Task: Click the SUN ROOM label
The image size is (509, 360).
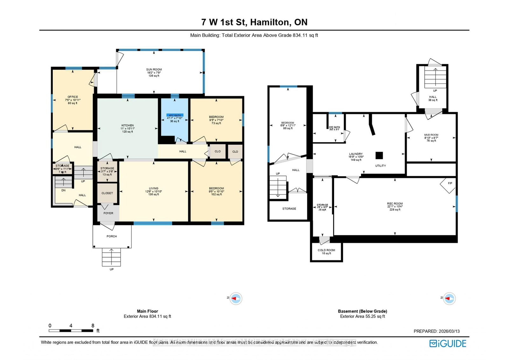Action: (154, 69)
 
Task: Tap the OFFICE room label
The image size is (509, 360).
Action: (73, 97)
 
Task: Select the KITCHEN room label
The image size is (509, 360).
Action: (128, 125)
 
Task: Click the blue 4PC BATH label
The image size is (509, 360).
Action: (175, 115)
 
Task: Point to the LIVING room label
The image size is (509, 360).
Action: (154, 188)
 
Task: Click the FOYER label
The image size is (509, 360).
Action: (108, 213)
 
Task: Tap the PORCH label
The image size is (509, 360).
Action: (112, 236)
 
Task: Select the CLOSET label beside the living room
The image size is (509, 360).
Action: (107, 193)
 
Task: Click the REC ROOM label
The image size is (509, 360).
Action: (395, 204)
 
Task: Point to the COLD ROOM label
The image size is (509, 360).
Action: (326, 250)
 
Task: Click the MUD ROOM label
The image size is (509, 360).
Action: (431, 135)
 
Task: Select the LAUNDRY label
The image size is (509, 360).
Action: (356, 154)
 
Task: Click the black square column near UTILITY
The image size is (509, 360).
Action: (379, 155)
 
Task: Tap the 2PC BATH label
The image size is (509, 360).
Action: (334, 127)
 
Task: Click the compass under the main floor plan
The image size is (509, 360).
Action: (236, 299)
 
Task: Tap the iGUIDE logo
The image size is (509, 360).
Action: (448, 343)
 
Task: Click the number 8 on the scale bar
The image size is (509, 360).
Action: (93, 326)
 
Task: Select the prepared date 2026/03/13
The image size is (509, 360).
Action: (449, 331)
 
